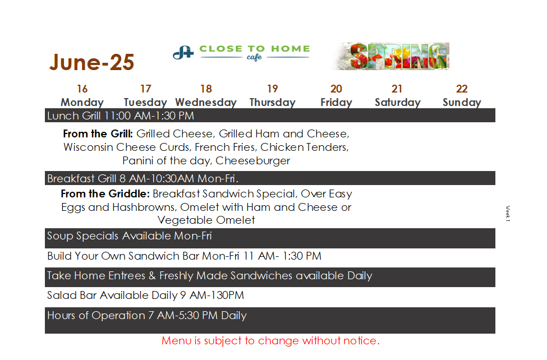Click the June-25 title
[x=92, y=62]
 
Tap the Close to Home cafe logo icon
[x=183, y=53]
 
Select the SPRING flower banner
[x=390, y=56]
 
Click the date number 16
[x=82, y=89]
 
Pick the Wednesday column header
[x=206, y=102]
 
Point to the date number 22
[x=462, y=89]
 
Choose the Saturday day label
[x=398, y=102]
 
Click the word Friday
[x=336, y=102]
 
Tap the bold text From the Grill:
[x=98, y=133]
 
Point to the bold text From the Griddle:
[x=105, y=193]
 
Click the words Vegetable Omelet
[x=206, y=220]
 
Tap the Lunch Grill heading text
[x=121, y=116]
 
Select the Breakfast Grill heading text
[x=143, y=179]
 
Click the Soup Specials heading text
[x=130, y=236]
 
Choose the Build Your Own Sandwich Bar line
[x=184, y=256]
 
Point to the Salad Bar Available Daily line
[x=145, y=296]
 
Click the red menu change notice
[x=270, y=341]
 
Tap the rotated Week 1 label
[x=508, y=214]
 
